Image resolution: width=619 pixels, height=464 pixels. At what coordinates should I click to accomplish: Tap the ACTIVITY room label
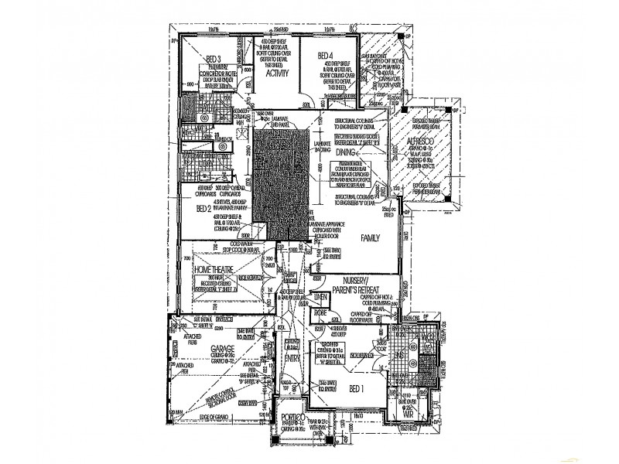[x=277, y=73]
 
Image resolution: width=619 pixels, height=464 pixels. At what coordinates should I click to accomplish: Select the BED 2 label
[x=203, y=208]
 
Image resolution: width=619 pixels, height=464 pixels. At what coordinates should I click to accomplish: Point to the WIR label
[x=410, y=414]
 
